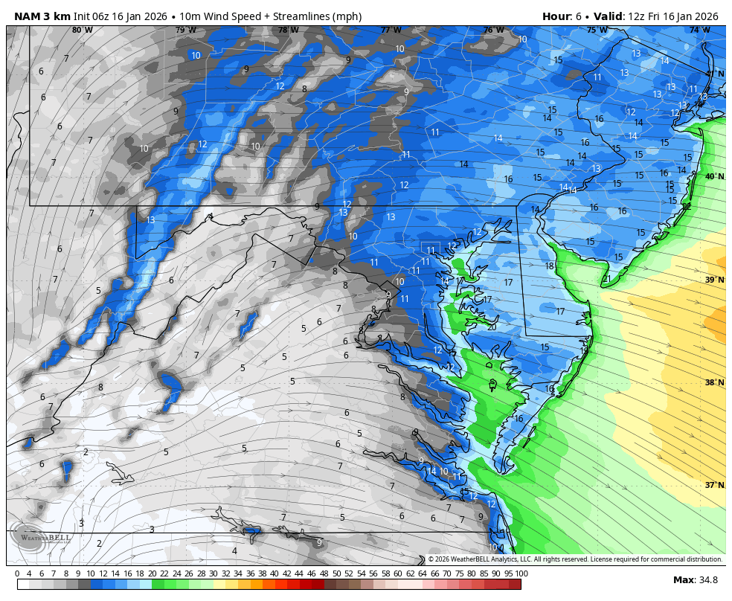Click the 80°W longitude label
coord(83,30)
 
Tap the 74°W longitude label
coord(699,30)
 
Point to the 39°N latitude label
coord(714,280)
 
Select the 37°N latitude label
coord(714,485)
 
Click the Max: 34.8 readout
coord(696,580)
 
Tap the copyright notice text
coord(574,559)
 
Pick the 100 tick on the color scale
coord(521,573)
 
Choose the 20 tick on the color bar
coord(152,573)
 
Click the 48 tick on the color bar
coord(324,573)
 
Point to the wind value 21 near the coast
coord(606,279)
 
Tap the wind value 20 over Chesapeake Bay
coord(491,327)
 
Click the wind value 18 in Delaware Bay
coord(550,266)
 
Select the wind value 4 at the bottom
coord(234,551)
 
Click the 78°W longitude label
coord(288,30)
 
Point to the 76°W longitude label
coord(493,30)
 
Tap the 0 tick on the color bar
coord(17,573)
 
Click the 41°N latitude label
coord(714,74)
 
